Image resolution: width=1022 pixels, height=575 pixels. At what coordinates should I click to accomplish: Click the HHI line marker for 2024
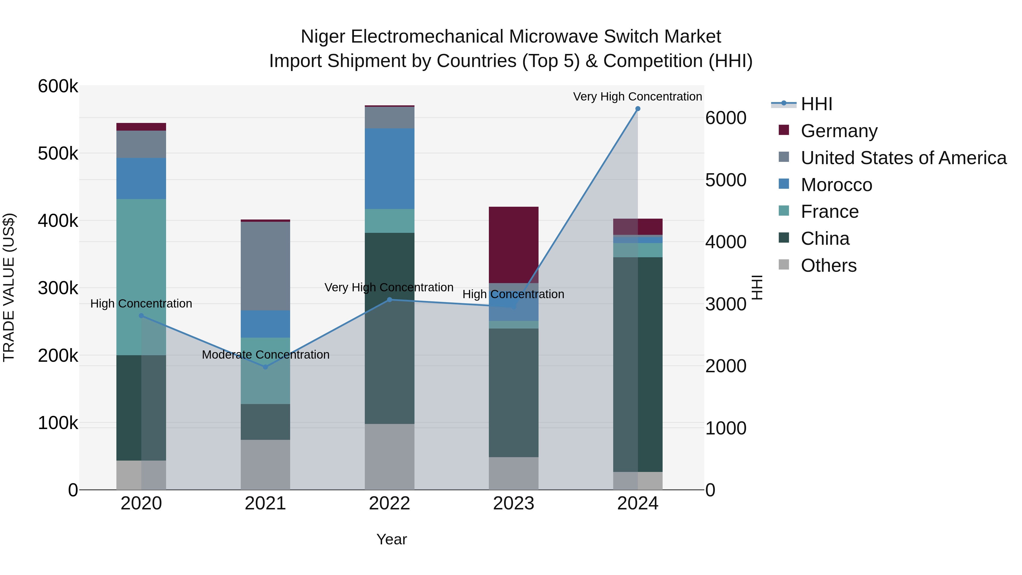click(x=638, y=109)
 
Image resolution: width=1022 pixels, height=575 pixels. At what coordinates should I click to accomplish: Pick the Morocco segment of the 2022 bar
click(x=389, y=169)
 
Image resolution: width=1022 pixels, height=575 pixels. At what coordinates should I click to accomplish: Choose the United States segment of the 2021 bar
click(x=265, y=266)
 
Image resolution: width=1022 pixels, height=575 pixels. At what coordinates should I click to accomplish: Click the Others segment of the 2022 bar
click(x=389, y=456)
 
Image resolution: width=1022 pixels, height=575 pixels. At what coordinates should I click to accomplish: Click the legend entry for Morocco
click(x=836, y=185)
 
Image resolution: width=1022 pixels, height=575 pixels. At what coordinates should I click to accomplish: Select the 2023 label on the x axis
click(x=513, y=503)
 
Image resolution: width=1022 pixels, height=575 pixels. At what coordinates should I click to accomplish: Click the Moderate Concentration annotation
click(x=265, y=355)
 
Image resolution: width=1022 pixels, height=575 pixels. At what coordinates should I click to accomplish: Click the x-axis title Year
click(x=391, y=539)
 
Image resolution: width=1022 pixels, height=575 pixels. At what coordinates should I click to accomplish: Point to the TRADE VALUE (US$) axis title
click(x=9, y=287)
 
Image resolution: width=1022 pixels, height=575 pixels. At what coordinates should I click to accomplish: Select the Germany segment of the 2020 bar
click(x=141, y=127)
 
